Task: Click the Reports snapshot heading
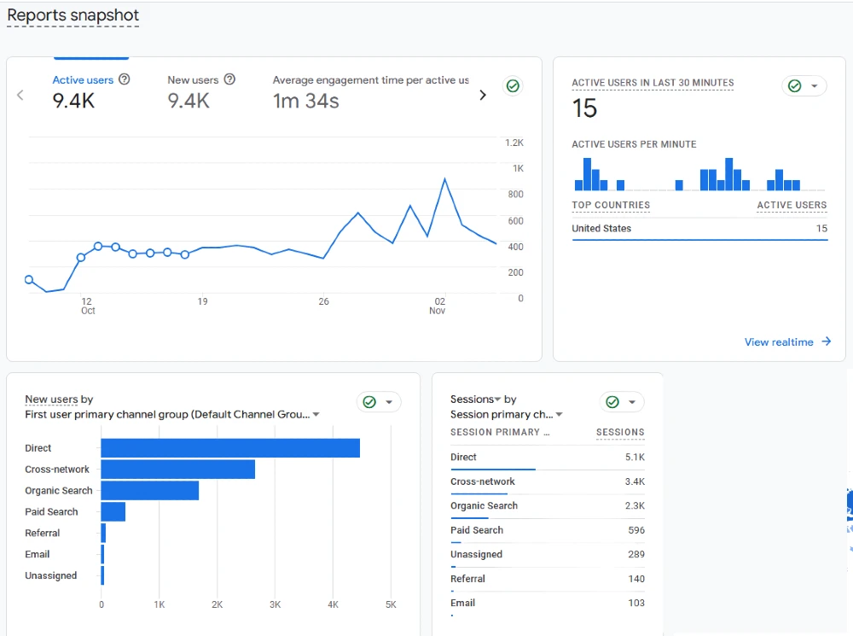coord(73,15)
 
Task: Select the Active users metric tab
coord(83,80)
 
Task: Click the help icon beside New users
coord(229,79)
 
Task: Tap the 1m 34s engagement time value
coord(305,102)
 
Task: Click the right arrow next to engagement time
coord(483,95)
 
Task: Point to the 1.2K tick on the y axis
coord(514,143)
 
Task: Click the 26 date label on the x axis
coord(323,301)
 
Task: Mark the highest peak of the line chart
coord(444,179)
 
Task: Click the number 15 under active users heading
coord(584,108)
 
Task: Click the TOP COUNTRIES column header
coord(611,205)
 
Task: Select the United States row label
coord(601,229)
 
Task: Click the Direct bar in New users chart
coord(230,448)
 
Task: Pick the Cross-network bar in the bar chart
coord(177,470)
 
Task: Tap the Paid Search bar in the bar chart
coord(113,511)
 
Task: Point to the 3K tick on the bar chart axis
coord(275,604)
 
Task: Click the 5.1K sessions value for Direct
coord(634,458)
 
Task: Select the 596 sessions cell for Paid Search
coord(635,530)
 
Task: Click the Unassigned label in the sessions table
coord(476,555)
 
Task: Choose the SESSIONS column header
coord(619,432)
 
